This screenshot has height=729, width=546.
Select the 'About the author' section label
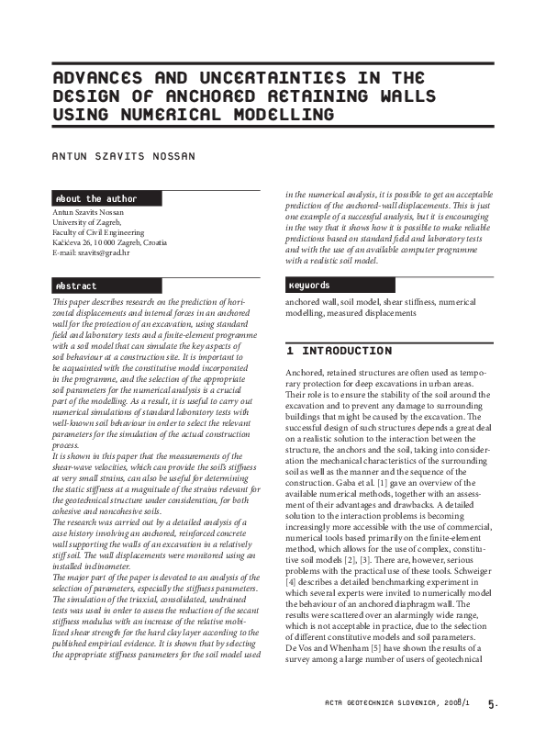tap(96, 198)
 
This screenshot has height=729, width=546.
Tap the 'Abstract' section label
tap(76, 286)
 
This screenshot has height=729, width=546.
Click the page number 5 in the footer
tap(492, 705)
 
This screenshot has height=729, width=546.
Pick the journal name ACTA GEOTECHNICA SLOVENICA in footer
tap(384, 705)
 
